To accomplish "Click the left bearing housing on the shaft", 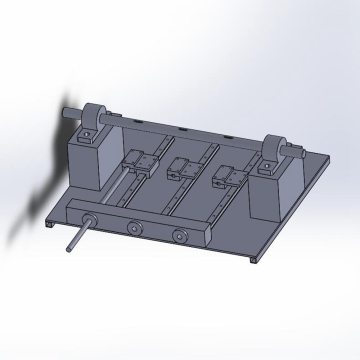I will point(96,116).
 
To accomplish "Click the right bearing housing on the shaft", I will point(277,150).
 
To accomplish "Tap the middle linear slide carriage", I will point(181,167).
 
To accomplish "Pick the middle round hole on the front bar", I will point(131,229).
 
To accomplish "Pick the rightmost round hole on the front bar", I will point(180,236).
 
